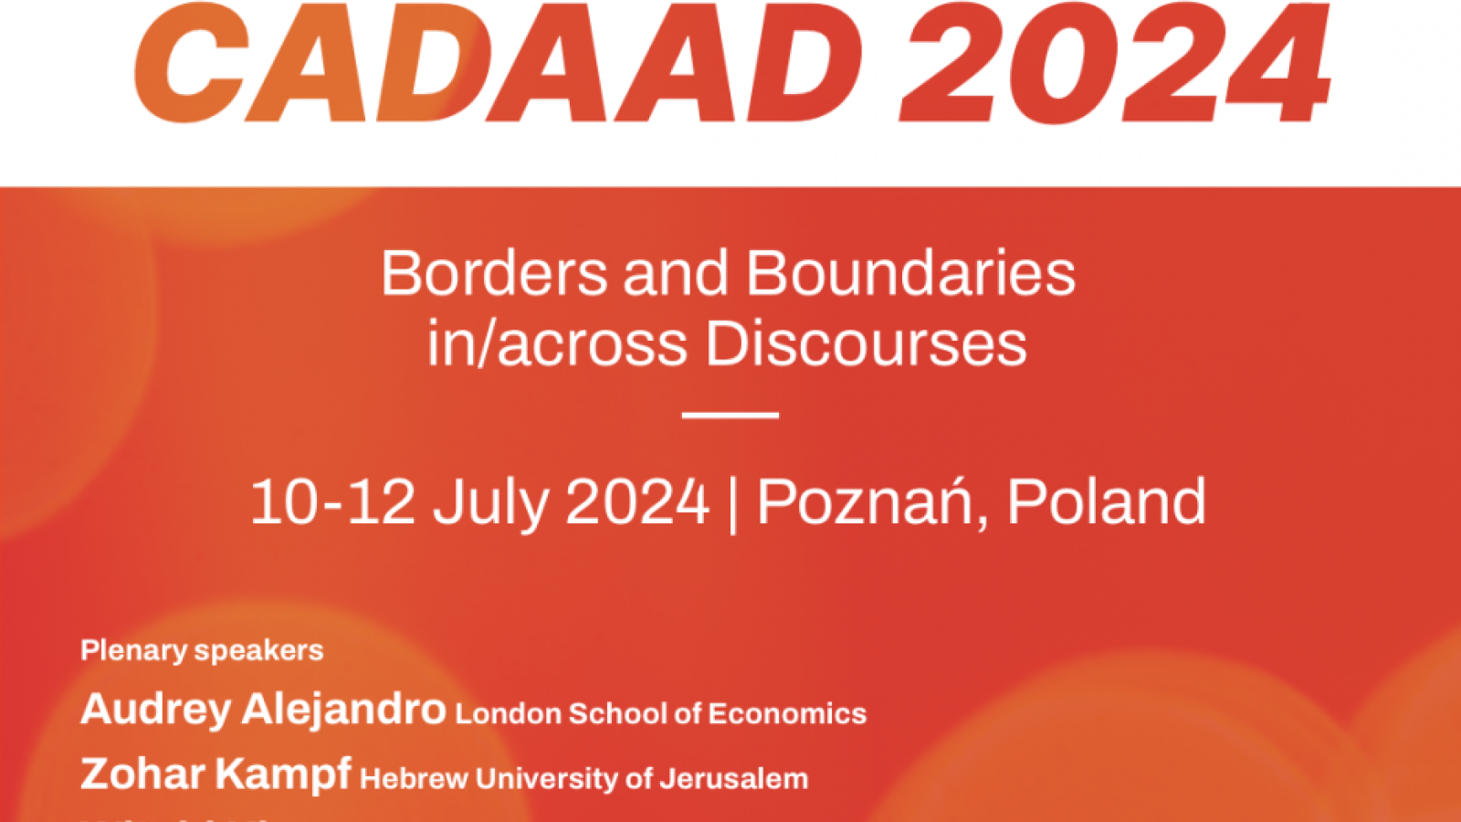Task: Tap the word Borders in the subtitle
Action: [x=494, y=273]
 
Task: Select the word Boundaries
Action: [x=910, y=273]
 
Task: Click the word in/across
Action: [x=557, y=344]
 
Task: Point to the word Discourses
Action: [x=866, y=344]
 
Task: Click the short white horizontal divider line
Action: [x=730, y=416]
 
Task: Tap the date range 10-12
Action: [x=332, y=501]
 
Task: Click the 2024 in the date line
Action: [x=637, y=501]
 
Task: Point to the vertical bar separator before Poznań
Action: [x=733, y=503]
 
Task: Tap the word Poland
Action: [x=1106, y=501]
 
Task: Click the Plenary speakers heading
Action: [x=202, y=650]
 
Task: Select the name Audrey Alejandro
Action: [x=263, y=710]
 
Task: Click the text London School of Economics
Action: [x=660, y=713]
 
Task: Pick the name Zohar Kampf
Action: [x=215, y=775]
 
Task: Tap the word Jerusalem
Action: [x=734, y=779]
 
